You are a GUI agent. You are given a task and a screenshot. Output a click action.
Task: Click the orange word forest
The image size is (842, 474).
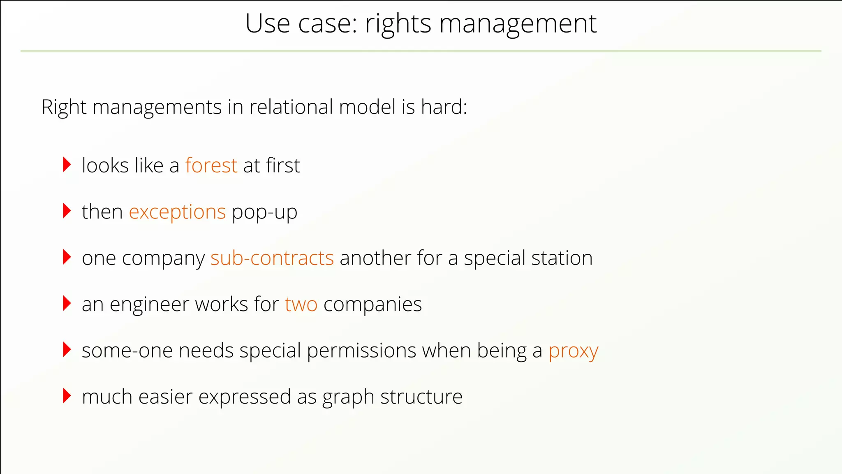point(211,165)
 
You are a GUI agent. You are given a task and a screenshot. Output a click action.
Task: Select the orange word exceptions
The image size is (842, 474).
point(177,212)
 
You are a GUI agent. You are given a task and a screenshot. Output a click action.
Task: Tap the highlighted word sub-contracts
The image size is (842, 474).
point(272,258)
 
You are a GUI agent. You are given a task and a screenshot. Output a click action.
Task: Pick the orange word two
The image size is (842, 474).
point(301,304)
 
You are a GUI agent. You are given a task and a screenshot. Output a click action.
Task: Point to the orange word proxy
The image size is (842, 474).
point(573,351)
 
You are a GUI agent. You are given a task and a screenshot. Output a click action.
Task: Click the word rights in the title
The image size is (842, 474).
point(398,24)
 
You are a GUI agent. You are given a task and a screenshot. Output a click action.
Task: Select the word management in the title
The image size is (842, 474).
point(518,24)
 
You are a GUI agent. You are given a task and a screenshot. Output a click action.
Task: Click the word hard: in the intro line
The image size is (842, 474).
point(444,107)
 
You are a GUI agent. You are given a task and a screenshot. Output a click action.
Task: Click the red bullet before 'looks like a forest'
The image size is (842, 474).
point(67,165)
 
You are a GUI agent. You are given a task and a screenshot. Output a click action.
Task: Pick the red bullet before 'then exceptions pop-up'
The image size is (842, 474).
point(67,211)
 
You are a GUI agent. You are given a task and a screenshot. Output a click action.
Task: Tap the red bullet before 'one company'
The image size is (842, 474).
point(67,257)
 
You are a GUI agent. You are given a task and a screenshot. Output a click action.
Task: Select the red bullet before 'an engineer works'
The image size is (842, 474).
point(67,304)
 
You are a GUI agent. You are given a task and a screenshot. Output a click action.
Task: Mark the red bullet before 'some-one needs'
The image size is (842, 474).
point(67,350)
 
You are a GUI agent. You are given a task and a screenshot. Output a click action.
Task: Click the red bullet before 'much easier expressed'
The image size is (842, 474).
point(67,396)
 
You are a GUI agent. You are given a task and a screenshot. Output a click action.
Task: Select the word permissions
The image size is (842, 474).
point(361,351)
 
